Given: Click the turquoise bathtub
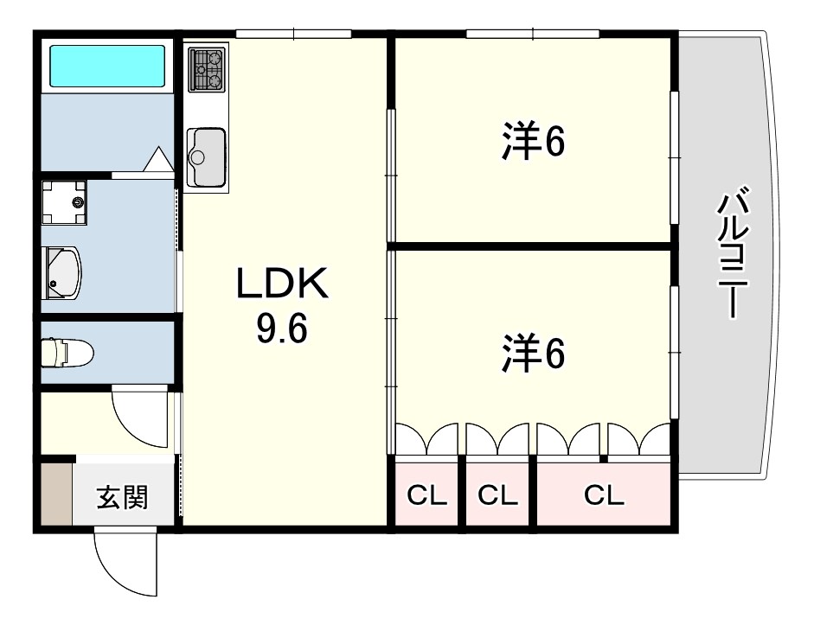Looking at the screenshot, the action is coord(107,66).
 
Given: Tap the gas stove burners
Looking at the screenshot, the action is coord(207,69).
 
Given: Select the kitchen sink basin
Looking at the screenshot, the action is coord(207,157).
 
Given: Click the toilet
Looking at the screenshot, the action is coord(67,353).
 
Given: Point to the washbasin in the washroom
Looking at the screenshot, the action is coord(61,273).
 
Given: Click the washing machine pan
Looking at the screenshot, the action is coord(64,202).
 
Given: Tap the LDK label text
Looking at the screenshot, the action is coord(282,283).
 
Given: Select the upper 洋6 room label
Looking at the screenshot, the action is coord(533,141).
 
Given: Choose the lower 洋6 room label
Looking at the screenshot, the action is coord(533,354).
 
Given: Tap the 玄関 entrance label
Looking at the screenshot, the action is coord(123,497).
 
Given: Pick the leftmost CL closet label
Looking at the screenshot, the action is coord(426,495).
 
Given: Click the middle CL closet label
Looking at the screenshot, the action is coord(498,495).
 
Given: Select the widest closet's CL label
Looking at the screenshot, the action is coord(604,495).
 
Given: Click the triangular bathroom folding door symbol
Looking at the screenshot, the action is coord(157,159).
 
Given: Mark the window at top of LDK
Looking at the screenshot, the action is coord(294,35).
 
